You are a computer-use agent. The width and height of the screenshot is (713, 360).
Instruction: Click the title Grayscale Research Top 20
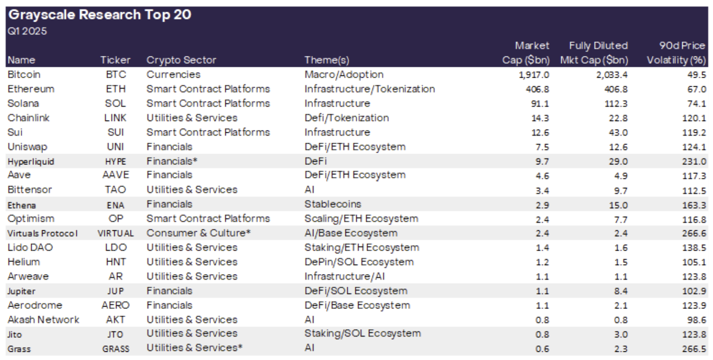pyautogui.click(x=100, y=15)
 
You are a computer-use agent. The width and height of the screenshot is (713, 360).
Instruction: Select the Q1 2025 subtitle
pyautogui.click(x=27, y=31)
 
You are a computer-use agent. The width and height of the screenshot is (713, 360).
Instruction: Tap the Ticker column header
pyautogui.click(x=115, y=60)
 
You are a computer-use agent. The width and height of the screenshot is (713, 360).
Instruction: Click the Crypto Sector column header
pyautogui.click(x=181, y=60)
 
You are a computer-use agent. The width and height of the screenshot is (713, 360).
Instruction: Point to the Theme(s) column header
pyautogui.click(x=326, y=60)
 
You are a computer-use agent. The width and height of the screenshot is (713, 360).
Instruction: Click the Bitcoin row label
pyautogui.click(x=24, y=75)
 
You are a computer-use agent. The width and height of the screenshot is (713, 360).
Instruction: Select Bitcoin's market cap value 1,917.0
pyautogui.click(x=534, y=75)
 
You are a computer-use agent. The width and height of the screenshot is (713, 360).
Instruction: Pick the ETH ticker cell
pyautogui.click(x=116, y=89)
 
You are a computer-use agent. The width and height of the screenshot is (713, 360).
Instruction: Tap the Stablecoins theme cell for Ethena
pyautogui.click(x=332, y=204)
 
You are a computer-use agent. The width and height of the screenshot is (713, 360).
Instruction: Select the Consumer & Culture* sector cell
pyautogui.click(x=199, y=233)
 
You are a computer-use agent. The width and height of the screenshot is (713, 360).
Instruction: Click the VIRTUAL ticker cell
pyautogui.click(x=116, y=233)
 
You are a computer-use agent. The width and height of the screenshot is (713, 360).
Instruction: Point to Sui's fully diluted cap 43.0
pyautogui.click(x=618, y=133)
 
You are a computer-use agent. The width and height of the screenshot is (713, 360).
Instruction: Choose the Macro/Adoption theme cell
pyautogui.click(x=344, y=75)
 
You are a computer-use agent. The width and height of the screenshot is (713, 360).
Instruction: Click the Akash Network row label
pyautogui.click(x=43, y=320)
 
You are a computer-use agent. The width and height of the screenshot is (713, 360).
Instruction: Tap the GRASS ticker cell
pyautogui.click(x=116, y=349)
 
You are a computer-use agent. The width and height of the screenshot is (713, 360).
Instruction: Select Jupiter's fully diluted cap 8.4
pyautogui.click(x=620, y=291)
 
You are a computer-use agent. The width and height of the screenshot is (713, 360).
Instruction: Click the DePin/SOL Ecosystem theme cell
pyautogui.click(x=359, y=262)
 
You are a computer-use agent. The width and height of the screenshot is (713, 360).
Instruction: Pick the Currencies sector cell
pyautogui.click(x=173, y=75)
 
